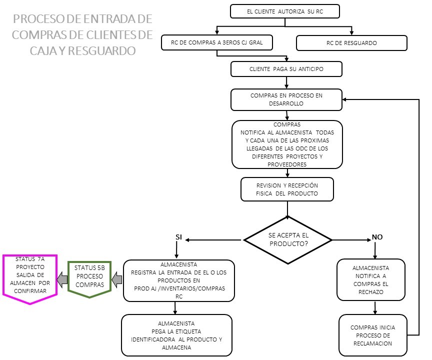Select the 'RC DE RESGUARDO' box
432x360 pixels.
351,43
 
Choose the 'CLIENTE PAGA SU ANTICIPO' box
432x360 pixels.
286,69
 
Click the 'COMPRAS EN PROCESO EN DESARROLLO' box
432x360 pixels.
286,99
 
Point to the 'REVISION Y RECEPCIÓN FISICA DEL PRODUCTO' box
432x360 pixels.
287,189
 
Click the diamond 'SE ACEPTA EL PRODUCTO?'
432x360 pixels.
288,240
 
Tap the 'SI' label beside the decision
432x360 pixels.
179,236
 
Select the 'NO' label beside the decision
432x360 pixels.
377,236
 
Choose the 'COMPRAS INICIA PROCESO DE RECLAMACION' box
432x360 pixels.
372,335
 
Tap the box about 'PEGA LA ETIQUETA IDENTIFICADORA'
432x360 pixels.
176,335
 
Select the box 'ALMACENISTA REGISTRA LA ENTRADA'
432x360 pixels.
179,280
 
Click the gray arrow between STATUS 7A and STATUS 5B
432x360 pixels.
62,279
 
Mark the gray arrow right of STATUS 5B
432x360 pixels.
116,279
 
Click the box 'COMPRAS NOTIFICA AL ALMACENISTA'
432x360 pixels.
287,144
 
